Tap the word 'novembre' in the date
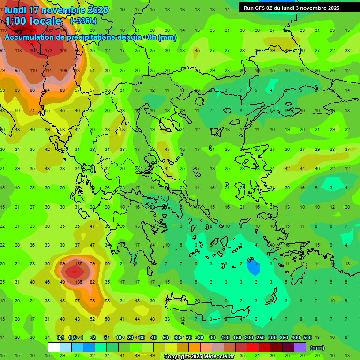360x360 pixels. tap(66, 10)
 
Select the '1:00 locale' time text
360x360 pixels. tap(33, 21)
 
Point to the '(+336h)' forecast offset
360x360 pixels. tap(83, 21)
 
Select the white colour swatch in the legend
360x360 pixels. tap(54, 347)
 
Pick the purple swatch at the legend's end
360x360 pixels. tap(300, 347)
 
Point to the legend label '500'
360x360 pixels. tap(307, 338)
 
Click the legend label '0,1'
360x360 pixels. tap(60, 338)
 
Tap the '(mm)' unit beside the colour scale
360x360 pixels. tap(317, 348)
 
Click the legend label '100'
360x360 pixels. tap(225, 338)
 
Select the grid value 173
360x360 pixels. tap(48, 50)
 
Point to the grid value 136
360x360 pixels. tap(78, 282)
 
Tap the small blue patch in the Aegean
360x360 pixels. tap(253, 268)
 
